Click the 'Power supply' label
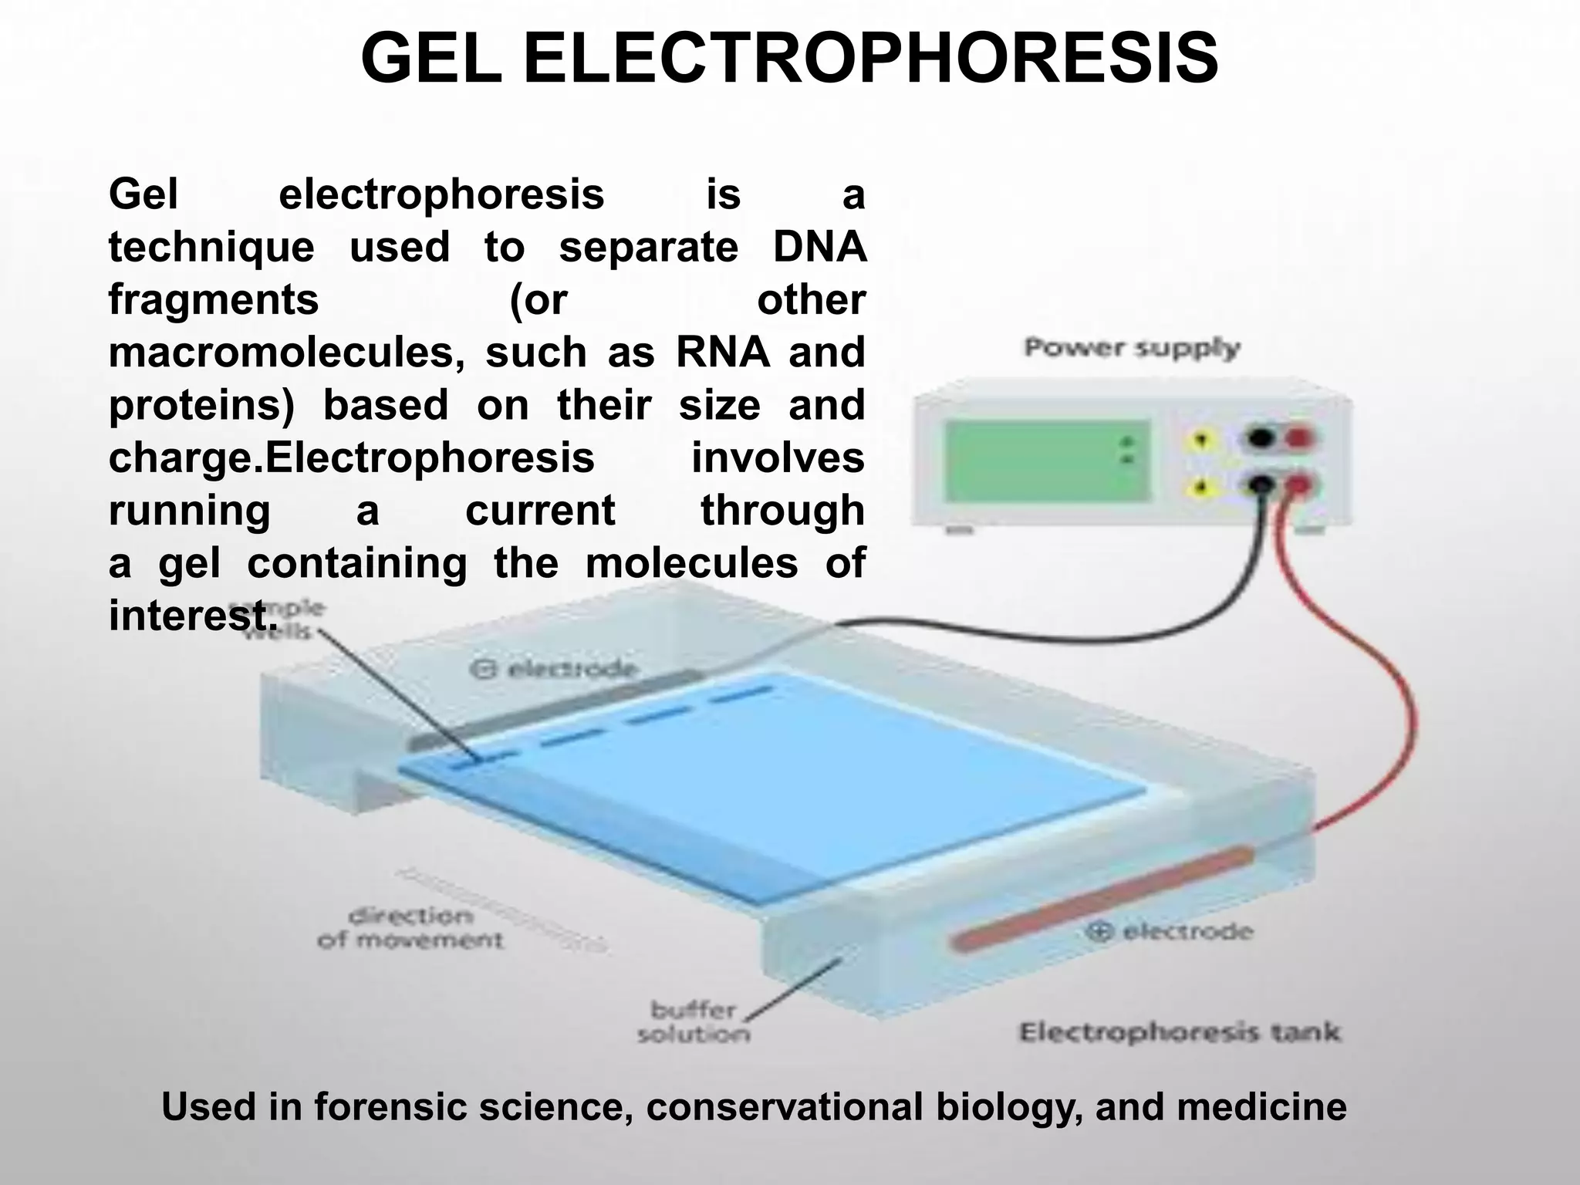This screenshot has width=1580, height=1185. point(1131,348)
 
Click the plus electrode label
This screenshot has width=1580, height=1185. point(1169,931)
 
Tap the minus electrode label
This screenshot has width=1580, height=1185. point(554,668)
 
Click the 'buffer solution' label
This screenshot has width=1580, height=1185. point(692,1022)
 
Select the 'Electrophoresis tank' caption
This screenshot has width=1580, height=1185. point(1180,1032)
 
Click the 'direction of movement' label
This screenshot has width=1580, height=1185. point(410,928)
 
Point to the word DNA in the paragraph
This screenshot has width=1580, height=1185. point(819,247)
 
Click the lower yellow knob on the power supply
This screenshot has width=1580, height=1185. point(1200,487)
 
